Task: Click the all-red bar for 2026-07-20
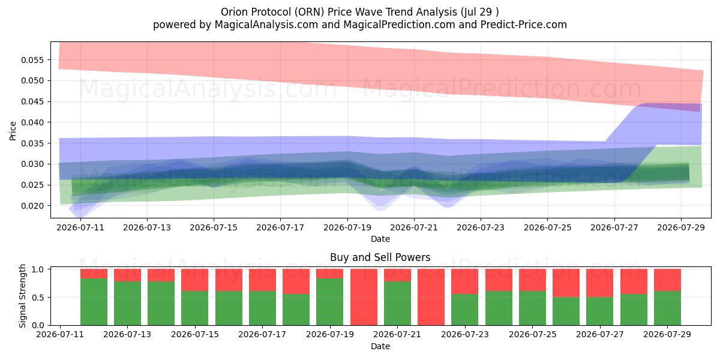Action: pos(364,297)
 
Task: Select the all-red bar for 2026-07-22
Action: pos(431,297)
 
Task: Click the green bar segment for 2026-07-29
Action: pos(667,308)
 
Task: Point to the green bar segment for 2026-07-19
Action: pos(330,302)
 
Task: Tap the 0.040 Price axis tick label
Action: pos(32,122)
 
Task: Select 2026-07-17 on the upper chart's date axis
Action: pos(280,227)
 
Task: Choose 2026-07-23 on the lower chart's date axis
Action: pos(465,334)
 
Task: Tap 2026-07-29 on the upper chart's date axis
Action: pos(681,227)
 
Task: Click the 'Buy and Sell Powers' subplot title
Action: pos(380,257)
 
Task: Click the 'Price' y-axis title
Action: pos(13,131)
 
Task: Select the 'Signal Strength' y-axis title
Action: pos(22,296)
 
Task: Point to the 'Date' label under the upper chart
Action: pos(380,239)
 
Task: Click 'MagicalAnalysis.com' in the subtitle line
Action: pos(266,25)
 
